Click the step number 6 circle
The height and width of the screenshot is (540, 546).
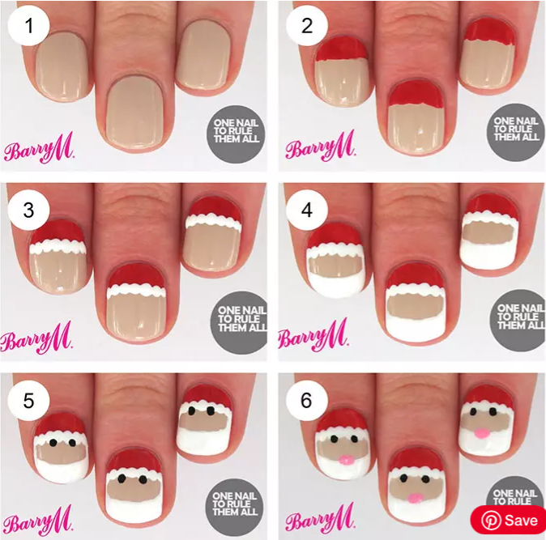coord(307,401)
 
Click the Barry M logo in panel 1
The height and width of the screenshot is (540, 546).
coord(39,151)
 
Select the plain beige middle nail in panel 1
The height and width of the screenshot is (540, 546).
coord(135,113)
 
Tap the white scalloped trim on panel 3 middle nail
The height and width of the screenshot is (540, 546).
coord(137,287)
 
